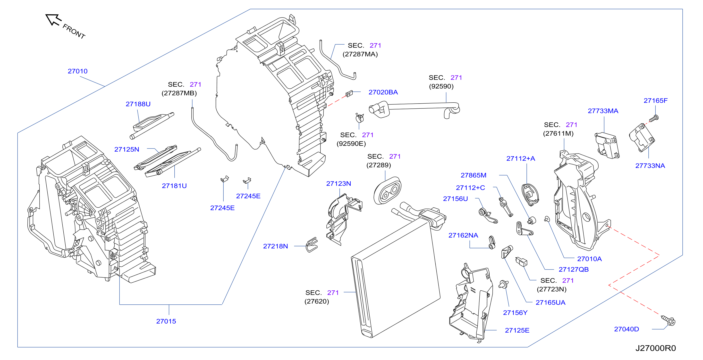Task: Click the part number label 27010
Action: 77,71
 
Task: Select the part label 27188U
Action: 138,104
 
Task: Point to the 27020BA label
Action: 383,92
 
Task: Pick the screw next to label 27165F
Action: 654,119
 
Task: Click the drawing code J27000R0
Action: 655,348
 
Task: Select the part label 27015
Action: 166,321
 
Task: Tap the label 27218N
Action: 275,246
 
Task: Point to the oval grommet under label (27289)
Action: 387,191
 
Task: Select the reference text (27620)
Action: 317,301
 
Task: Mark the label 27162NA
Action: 463,235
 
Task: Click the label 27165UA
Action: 551,303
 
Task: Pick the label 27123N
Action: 339,184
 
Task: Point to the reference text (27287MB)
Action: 179,93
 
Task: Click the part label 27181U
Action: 174,186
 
